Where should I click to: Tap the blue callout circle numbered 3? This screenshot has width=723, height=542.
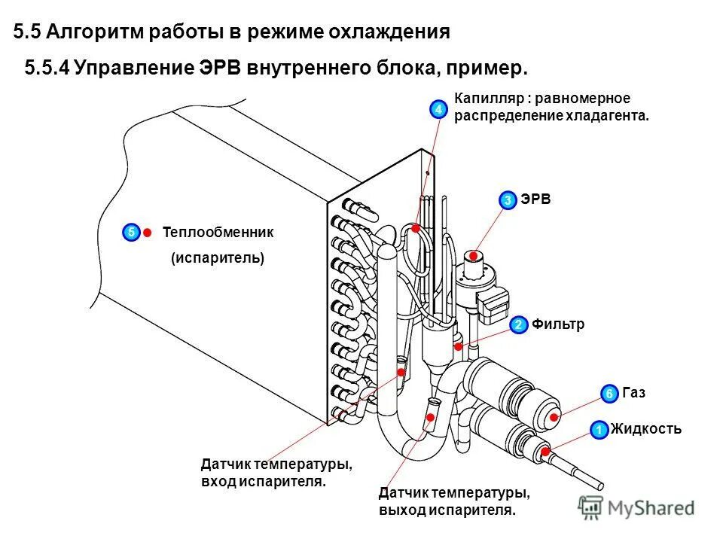point(508,199)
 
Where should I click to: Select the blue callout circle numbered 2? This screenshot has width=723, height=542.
point(518,325)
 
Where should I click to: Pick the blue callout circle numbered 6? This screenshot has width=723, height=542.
point(609,394)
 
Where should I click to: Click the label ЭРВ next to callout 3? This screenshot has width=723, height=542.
point(535,199)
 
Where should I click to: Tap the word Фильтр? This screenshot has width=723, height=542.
point(558,324)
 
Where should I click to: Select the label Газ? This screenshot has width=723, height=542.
point(634,393)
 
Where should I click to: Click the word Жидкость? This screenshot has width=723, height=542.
point(646,429)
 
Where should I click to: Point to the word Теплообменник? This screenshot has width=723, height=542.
point(218,233)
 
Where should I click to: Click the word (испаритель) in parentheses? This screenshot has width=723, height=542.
point(218,257)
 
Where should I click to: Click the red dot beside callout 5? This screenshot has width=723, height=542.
point(148,233)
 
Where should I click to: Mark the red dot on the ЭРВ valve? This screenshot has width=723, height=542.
point(473,256)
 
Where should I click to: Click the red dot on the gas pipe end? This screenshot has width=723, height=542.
point(554,416)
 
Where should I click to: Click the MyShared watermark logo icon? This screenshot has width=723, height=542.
point(590,507)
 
